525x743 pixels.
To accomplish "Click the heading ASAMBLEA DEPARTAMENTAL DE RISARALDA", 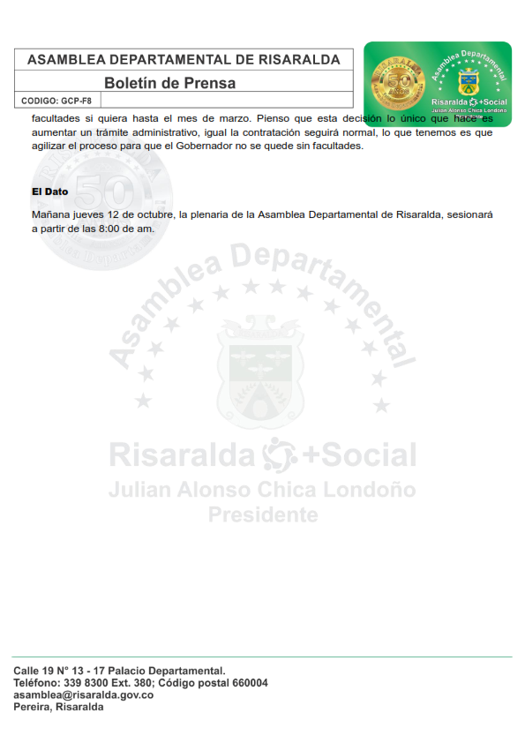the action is [184, 60].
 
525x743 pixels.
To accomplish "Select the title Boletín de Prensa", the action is [169, 84].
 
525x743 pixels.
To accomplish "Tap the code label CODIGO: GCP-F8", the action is [56, 101].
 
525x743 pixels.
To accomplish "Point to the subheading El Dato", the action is [49, 191].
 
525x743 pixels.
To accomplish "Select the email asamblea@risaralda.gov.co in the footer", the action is [83, 695].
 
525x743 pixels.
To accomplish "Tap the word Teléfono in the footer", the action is [37, 683].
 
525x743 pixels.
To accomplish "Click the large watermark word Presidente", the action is [263, 514].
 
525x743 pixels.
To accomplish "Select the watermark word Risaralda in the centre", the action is [182, 455].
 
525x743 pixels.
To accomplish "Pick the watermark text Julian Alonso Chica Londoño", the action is [262, 489].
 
